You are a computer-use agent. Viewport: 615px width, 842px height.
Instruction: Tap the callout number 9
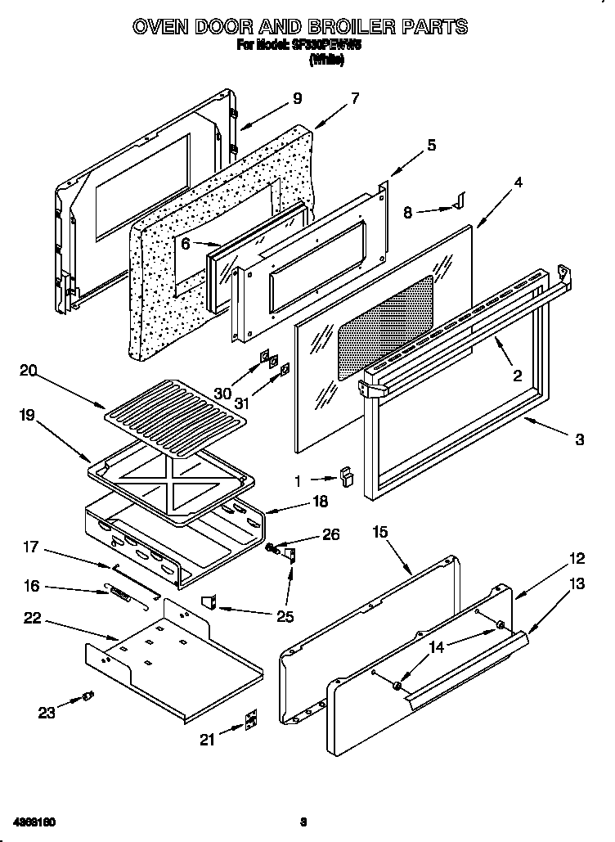click(297, 98)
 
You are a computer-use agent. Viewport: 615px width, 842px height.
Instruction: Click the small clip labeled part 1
click(347, 478)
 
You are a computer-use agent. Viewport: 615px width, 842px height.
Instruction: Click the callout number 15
click(379, 532)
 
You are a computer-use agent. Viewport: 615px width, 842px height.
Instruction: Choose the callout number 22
click(33, 618)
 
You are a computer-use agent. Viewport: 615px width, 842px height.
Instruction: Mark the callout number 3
click(579, 439)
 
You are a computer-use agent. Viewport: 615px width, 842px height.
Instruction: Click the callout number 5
click(431, 146)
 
